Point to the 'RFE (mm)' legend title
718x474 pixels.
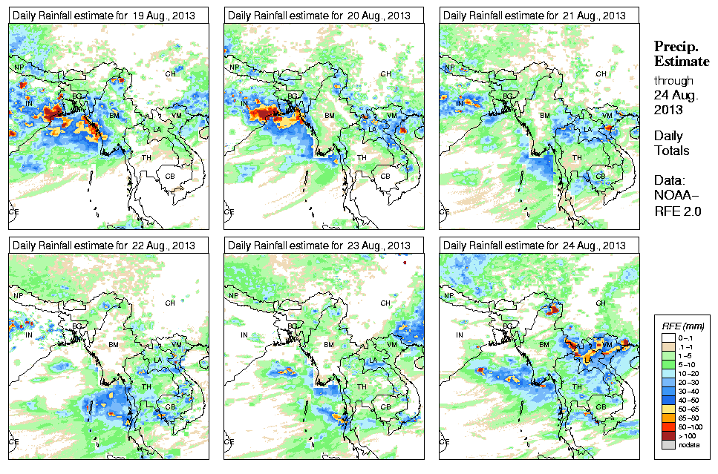point(682,326)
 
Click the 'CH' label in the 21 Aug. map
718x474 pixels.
point(601,73)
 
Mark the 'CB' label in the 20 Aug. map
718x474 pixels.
point(385,176)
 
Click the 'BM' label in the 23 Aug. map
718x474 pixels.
point(329,345)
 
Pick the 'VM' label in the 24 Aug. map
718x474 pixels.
point(607,344)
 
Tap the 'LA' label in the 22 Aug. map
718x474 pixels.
point(158,360)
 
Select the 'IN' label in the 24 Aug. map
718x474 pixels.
point(459,335)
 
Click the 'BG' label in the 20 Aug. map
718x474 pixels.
point(292,96)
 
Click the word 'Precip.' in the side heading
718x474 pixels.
point(675,46)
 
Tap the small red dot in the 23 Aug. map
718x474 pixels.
point(405,263)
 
